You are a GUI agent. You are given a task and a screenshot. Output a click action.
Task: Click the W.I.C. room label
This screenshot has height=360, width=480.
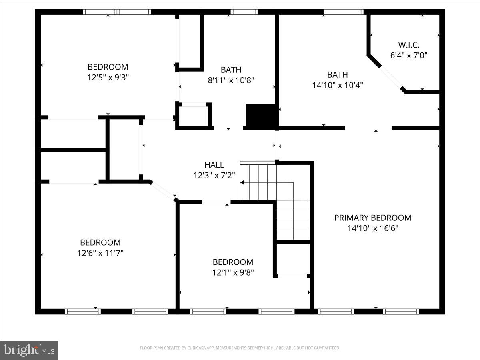[x=409, y=45]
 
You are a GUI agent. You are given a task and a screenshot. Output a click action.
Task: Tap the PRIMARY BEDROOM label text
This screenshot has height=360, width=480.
[x=372, y=218]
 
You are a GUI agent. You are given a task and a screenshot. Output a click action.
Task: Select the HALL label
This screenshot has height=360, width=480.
[x=214, y=165]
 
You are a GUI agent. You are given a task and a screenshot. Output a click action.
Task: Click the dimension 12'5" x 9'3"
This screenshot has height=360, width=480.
[x=108, y=77]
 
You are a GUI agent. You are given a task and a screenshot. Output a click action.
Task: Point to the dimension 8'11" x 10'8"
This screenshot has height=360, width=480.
[x=231, y=80]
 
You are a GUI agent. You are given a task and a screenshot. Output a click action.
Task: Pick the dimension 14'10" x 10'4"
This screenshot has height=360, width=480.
[x=337, y=85]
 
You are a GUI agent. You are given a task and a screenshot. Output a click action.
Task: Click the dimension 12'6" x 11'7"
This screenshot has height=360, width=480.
[x=100, y=253]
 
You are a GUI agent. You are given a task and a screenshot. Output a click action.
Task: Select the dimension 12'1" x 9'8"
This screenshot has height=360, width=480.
[x=233, y=272]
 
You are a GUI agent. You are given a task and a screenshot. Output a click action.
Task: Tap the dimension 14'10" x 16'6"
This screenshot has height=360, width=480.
[x=372, y=228]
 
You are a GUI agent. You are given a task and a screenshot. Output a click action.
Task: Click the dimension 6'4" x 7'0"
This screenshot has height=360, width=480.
[x=409, y=55]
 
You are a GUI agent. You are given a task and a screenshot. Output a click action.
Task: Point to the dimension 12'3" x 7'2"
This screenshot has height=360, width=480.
[x=214, y=175]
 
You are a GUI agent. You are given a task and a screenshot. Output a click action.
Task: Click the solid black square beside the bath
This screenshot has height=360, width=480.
[x=262, y=116]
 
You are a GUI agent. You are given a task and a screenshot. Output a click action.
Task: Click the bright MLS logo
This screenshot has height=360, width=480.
[x=29, y=350]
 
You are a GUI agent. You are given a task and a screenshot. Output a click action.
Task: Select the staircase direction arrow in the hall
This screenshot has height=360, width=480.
[x=242, y=182]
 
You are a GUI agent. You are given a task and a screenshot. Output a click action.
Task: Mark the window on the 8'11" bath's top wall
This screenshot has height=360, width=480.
[x=244, y=12]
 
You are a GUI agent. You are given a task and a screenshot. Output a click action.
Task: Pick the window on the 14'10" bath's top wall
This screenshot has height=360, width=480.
[x=343, y=12]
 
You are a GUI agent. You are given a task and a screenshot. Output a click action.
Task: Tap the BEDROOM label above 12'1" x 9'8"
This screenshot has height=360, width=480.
[x=233, y=262]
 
